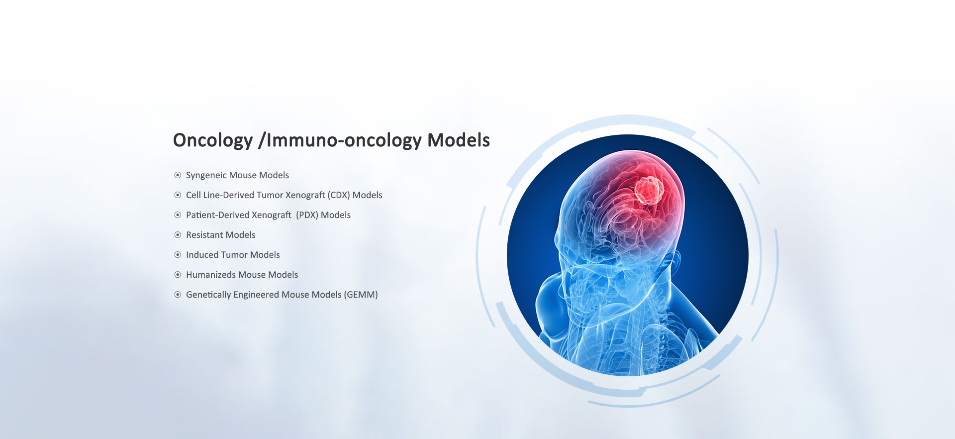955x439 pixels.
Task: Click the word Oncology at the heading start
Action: [x=213, y=141]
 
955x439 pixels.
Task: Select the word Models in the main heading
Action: [x=459, y=140]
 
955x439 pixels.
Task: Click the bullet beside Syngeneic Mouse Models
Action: [x=178, y=175]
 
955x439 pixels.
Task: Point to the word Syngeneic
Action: [x=206, y=176]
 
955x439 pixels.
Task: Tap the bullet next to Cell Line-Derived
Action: [x=178, y=195]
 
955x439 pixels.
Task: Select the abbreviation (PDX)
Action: [x=307, y=215]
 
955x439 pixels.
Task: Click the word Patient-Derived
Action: [x=218, y=215]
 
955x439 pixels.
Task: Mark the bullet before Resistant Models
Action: [x=178, y=235]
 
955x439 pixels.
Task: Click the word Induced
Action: [x=202, y=255]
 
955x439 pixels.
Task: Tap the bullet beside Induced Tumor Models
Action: [x=178, y=255]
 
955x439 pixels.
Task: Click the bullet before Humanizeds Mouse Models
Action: [x=178, y=275]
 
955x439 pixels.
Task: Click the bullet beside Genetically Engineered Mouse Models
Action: [x=178, y=295]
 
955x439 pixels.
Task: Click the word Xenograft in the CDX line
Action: [x=305, y=196]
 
